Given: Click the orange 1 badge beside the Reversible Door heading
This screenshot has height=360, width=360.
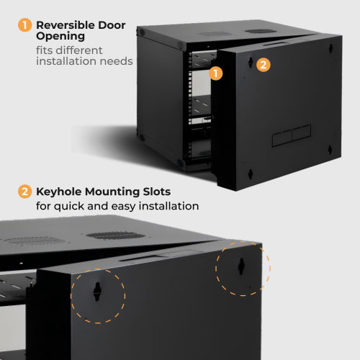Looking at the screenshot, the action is click(24, 25).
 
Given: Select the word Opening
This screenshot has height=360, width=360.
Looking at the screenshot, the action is click(60, 37).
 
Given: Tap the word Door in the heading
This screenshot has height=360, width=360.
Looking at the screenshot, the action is click(112, 25).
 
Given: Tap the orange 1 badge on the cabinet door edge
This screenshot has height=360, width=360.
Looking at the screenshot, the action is click(216, 73).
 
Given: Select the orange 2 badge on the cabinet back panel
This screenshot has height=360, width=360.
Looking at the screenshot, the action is click(264, 65).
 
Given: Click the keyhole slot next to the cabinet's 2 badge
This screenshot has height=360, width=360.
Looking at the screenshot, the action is click(251, 63).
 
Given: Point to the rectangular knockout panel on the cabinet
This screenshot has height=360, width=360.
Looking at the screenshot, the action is click(292, 135).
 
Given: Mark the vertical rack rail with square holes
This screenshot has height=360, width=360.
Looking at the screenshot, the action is click(190, 106).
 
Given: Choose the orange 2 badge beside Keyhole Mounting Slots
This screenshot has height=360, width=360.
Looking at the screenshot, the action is click(24, 192).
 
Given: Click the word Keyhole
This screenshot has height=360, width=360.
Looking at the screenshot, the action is click(59, 192).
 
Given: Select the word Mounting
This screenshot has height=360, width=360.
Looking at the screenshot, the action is click(112, 192).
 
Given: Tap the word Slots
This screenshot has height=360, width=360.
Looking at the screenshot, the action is click(157, 192).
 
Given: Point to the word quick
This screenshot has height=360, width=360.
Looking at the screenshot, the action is click(69, 207).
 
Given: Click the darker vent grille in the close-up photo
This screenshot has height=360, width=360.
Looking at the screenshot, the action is click(116, 235).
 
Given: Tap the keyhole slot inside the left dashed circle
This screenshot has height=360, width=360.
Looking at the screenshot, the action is click(97, 292).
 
